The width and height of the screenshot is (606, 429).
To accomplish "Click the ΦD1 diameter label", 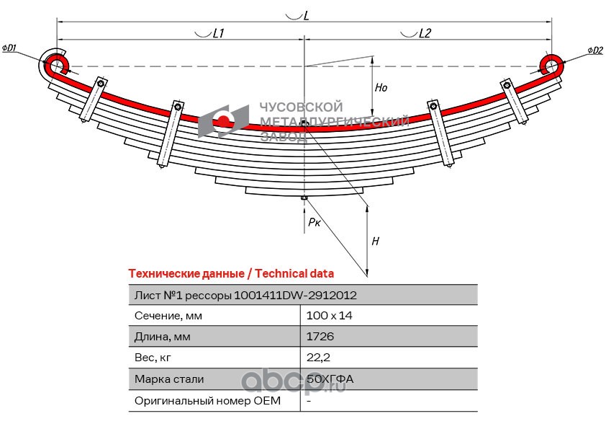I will (x=10, y=48).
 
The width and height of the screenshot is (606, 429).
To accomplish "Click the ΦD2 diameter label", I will (x=594, y=50).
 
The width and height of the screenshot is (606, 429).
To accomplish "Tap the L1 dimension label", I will (x=218, y=33).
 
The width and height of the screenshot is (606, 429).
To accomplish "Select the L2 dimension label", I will (x=424, y=33).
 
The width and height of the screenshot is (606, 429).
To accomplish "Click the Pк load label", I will (x=314, y=223).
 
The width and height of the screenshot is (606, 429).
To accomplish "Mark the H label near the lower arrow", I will (x=375, y=242).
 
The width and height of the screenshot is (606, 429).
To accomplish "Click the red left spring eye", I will (x=57, y=64).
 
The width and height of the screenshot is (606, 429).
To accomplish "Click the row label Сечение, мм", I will (x=168, y=316).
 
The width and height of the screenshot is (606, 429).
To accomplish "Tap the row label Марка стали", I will (x=169, y=379).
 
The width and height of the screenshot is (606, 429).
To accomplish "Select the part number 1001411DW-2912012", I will (x=296, y=295).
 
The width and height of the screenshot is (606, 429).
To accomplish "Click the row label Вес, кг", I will (x=155, y=358).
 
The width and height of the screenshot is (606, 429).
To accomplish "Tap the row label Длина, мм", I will (x=162, y=337).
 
